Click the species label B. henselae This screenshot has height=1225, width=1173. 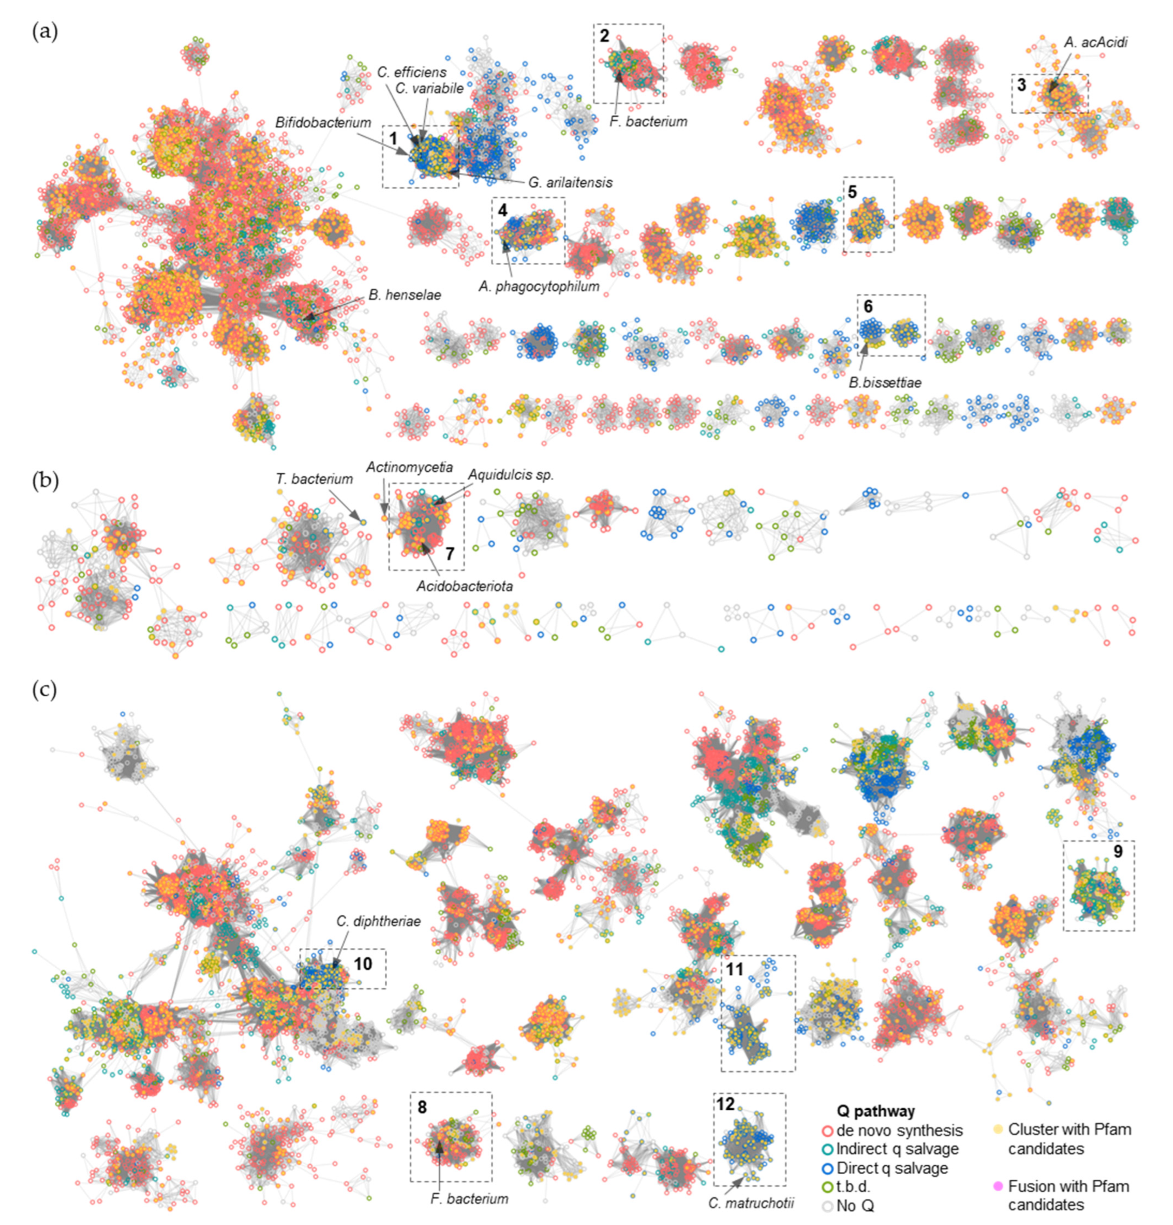[404, 295]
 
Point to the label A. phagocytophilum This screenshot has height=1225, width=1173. [539, 286]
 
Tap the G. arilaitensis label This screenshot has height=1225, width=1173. [570, 182]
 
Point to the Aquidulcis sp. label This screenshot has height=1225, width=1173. [511, 475]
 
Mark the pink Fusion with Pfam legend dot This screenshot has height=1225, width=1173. [998, 1186]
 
